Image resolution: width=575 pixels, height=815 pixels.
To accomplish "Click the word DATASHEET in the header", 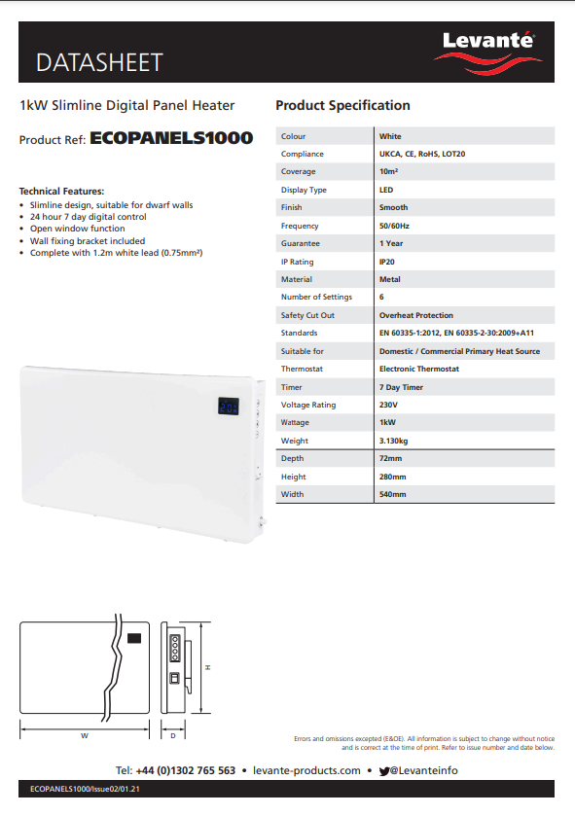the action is (99, 63).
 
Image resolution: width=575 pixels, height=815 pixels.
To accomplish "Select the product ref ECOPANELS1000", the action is (171, 138).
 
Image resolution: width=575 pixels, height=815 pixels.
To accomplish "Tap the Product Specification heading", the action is (342, 105).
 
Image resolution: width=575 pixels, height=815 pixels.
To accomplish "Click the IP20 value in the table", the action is (387, 262).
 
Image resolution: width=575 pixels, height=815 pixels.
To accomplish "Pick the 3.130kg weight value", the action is (394, 441).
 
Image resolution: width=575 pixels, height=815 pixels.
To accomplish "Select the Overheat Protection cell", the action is (415, 315).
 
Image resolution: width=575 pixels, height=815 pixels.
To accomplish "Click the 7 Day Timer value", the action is (400, 387).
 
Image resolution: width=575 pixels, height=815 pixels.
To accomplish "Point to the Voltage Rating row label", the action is (308, 405).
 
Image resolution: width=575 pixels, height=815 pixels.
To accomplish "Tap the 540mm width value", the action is (392, 494).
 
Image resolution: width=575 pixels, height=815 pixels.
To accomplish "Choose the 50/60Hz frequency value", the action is (394, 226).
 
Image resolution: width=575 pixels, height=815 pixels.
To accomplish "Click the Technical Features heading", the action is (61, 191).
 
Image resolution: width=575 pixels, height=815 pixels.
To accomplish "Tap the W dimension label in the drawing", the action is (85, 735).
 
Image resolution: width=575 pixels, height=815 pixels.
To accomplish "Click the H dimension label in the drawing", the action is (208, 666).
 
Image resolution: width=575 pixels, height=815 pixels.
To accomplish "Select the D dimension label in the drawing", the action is (173, 735).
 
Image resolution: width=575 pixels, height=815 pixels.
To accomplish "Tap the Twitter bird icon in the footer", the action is (385, 770).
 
